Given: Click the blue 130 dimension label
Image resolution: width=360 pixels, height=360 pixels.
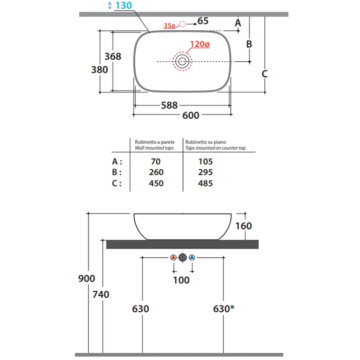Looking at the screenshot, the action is point(123,5).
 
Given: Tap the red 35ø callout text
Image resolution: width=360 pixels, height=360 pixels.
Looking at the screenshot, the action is point(169,26).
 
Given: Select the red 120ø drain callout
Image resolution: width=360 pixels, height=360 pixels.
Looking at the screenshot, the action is point(200,44).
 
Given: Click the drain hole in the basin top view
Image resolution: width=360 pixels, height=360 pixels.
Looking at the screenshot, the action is point(182,61).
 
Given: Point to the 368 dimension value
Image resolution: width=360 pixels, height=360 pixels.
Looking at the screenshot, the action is point(113,56).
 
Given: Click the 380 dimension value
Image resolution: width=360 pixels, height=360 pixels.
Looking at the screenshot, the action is point(99,69).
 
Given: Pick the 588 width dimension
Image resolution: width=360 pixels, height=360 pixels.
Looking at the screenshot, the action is point(169,105).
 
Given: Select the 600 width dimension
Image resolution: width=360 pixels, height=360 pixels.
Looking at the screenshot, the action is point(191,115).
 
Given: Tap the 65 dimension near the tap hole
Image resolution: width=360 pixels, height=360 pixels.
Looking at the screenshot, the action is point(203,21).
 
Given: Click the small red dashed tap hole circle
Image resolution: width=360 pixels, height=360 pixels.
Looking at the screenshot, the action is point(182,24).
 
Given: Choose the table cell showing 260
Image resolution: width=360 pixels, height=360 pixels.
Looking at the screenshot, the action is point(156,172).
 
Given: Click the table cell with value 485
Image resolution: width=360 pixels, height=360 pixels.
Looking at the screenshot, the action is point(205,183).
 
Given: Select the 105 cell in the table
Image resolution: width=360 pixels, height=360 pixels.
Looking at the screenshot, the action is point(206,161).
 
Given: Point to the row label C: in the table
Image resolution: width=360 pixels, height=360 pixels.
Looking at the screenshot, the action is point(117,183).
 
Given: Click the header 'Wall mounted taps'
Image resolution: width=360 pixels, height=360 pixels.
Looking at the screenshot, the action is point(154,148).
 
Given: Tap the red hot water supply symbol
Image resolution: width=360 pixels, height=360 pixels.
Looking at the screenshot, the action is point(173,257).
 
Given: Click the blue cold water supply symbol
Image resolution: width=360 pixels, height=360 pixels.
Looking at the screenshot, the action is point(192,257).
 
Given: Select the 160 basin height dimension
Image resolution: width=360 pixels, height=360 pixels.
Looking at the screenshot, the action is point(244,226).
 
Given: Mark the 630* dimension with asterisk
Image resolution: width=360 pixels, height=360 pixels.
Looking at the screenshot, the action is point(224,309).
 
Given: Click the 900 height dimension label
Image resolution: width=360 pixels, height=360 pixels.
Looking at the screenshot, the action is point(86,279).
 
